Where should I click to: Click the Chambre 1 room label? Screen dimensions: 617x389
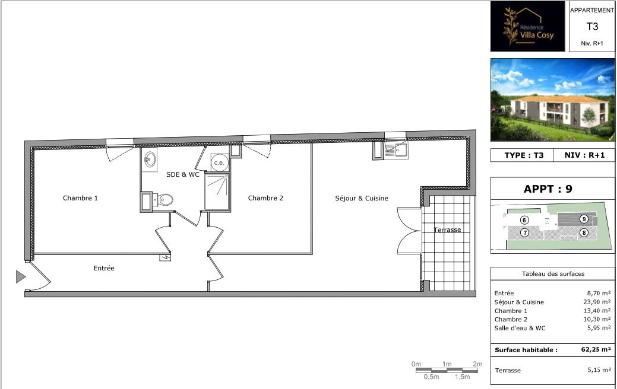point(80,198)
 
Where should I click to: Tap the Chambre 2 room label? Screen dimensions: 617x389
point(265,198)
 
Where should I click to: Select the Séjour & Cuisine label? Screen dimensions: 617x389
point(362,199)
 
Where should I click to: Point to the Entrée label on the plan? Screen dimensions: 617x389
point(104,268)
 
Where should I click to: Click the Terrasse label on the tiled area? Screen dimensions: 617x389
point(447,230)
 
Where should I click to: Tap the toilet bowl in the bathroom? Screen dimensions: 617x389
point(165,200)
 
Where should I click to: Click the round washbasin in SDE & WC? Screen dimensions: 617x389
point(150,160)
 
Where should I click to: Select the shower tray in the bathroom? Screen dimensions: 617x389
point(217,192)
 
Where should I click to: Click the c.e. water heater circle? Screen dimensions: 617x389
point(219,162)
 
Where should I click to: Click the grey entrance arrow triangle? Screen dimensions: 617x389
point(20,276)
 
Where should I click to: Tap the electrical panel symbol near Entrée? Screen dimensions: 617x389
point(165,258)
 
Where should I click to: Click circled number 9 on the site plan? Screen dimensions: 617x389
point(584,219)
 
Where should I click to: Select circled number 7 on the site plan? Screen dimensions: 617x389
point(524,232)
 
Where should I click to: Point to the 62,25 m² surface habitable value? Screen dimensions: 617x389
point(596,349)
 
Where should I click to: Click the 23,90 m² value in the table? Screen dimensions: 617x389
point(597,302)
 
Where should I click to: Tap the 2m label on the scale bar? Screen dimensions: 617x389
point(477,364)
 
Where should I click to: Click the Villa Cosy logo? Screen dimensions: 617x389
point(528,26)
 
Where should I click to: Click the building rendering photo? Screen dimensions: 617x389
point(552,100)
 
